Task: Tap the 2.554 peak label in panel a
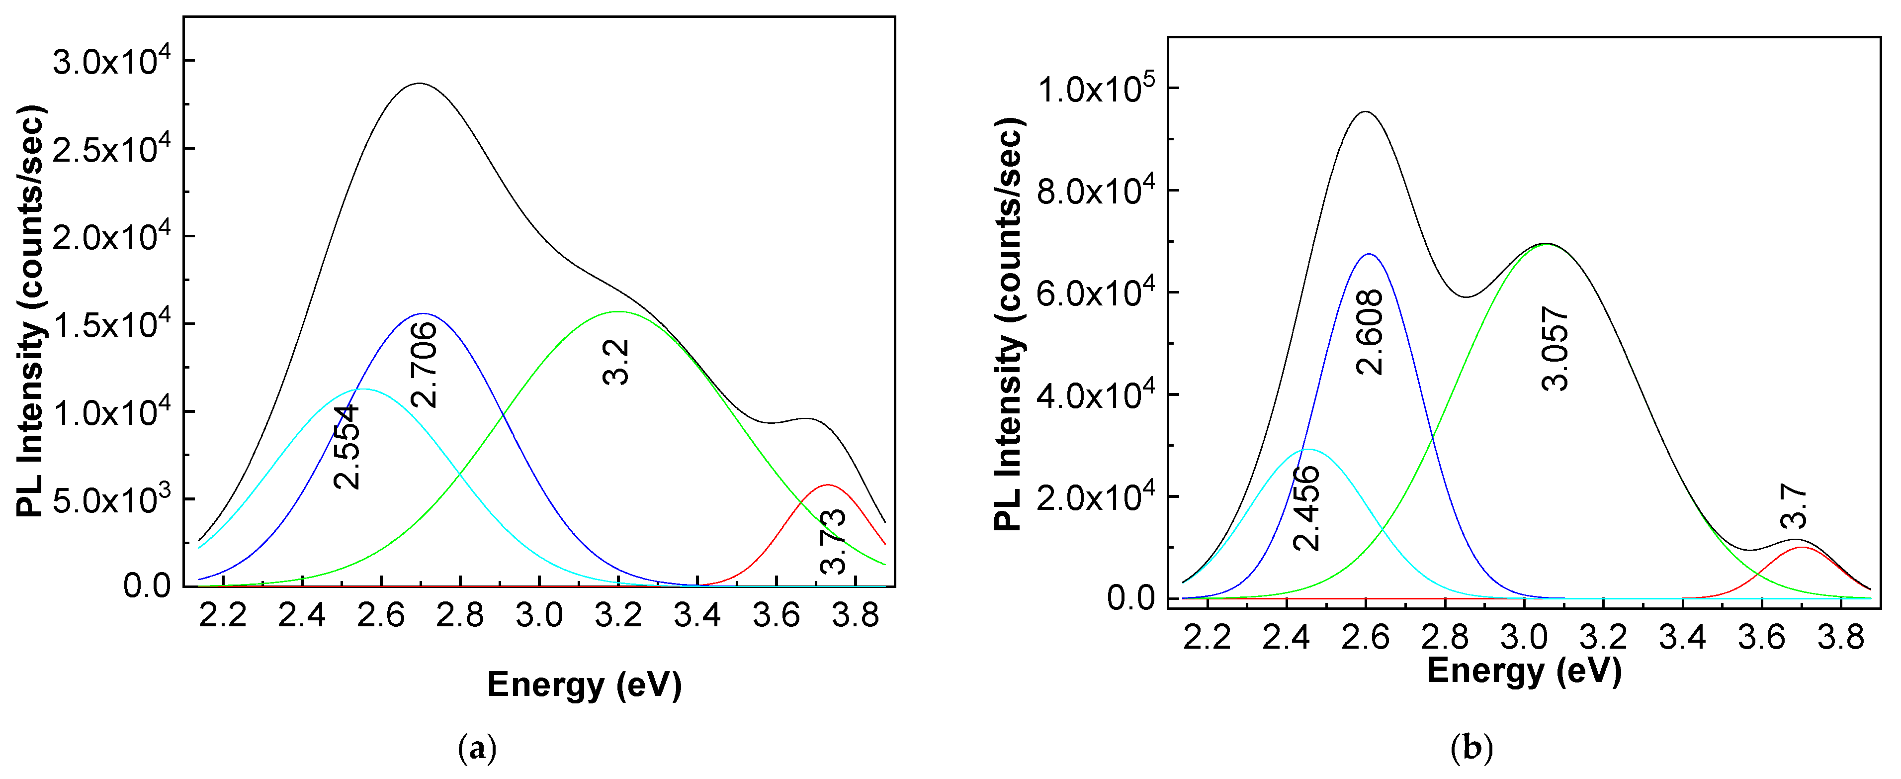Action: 347,447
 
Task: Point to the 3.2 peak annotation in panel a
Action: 616,362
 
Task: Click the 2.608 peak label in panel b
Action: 1371,332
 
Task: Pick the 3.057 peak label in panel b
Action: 1555,349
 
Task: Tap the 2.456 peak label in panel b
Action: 1307,508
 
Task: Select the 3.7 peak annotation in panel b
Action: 1793,506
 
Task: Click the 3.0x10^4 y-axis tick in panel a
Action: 111,61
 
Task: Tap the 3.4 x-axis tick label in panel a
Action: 696,615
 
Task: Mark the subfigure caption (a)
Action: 477,749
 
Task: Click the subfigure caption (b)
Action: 1471,749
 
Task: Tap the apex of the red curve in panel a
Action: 827,485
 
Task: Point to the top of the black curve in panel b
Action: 1365,112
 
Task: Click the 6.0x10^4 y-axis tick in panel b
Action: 1096,292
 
